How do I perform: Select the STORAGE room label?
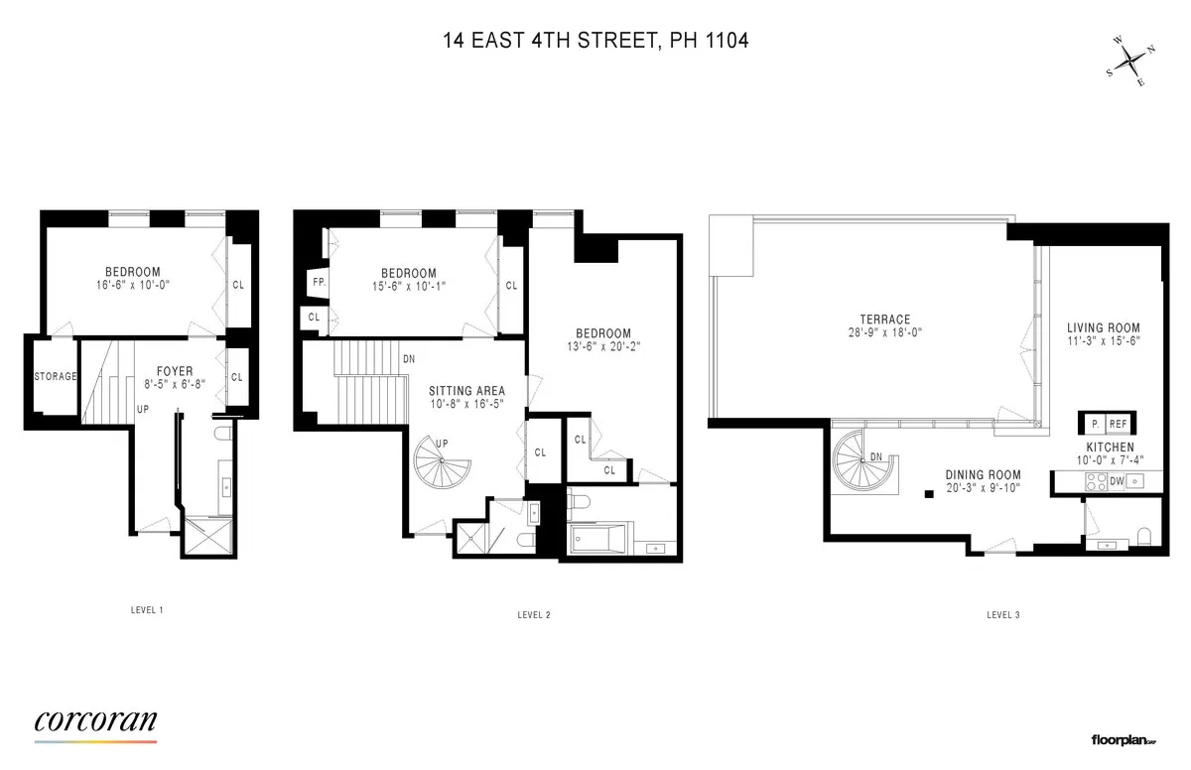(x=57, y=377)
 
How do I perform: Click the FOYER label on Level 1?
(x=175, y=371)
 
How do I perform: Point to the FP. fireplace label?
(x=319, y=282)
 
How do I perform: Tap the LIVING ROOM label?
(x=1103, y=327)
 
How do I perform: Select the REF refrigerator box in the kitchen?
(x=1118, y=424)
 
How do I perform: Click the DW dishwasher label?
(x=1118, y=481)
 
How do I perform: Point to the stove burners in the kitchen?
(x=1098, y=481)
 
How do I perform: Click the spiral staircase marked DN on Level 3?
(x=862, y=458)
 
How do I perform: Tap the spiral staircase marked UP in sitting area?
(x=440, y=465)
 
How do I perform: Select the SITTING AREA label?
(x=466, y=391)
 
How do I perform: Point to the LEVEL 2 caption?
(x=534, y=615)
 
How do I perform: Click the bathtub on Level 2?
(x=598, y=541)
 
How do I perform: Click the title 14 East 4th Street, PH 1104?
(x=595, y=41)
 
